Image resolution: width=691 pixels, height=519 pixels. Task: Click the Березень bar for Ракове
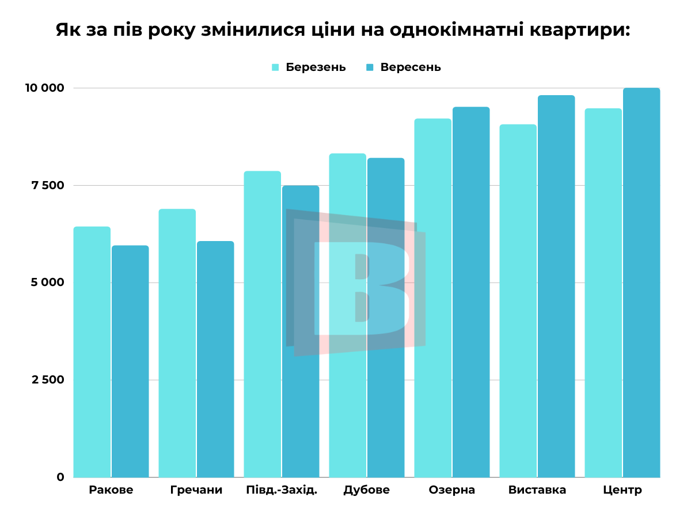click(x=92, y=352)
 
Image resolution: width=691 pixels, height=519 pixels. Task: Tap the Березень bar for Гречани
click(x=177, y=343)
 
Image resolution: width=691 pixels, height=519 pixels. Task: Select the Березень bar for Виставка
click(x=518, y=300)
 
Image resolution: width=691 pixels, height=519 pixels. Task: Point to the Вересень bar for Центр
click(x=641, y=283)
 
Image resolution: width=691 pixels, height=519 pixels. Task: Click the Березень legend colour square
click(x=276, y=67)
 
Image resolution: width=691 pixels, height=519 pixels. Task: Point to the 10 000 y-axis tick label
click(x=44, y=88)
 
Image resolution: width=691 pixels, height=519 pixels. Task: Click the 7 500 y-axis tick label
click(x=48, y=186)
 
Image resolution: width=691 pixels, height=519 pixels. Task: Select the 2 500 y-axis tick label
click(x=48, y=380)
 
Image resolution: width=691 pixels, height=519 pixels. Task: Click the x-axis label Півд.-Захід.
click(x=282, y=491)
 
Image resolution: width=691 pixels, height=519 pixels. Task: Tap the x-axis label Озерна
click(x=452, y=491)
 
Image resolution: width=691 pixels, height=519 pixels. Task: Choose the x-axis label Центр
click(x=622, y=491)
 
